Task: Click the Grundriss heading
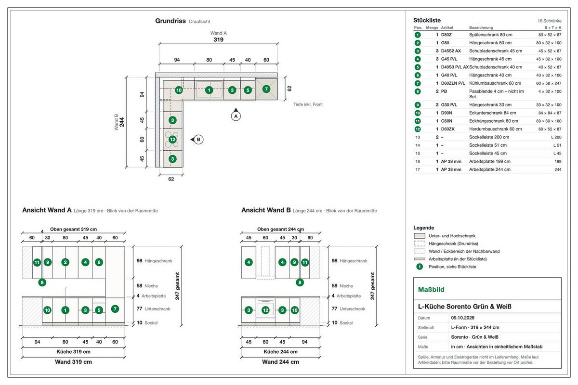coord(171,21)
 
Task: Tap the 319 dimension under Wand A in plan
coord(218,40)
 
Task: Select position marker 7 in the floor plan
coord(266,89)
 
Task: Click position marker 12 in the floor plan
coord(172,140)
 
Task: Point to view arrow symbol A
coord(236,115)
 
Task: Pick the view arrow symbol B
coord(197,140)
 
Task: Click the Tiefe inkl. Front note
coord(308,104)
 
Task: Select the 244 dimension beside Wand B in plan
coord(122,122)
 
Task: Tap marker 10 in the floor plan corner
coord(179,90)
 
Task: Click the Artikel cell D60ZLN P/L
coord(453,83)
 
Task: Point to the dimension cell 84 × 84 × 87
coord(550,113)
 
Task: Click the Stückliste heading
coord(427,20)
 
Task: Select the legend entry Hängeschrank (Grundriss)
coord(453,244)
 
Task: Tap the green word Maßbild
coord(431,290)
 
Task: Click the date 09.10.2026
coord(463,318)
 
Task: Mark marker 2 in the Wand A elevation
coord(66,262)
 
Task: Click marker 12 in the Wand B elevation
coord(265,310)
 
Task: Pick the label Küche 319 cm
coord(74,352)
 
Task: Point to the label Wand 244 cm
coord(280,362)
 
